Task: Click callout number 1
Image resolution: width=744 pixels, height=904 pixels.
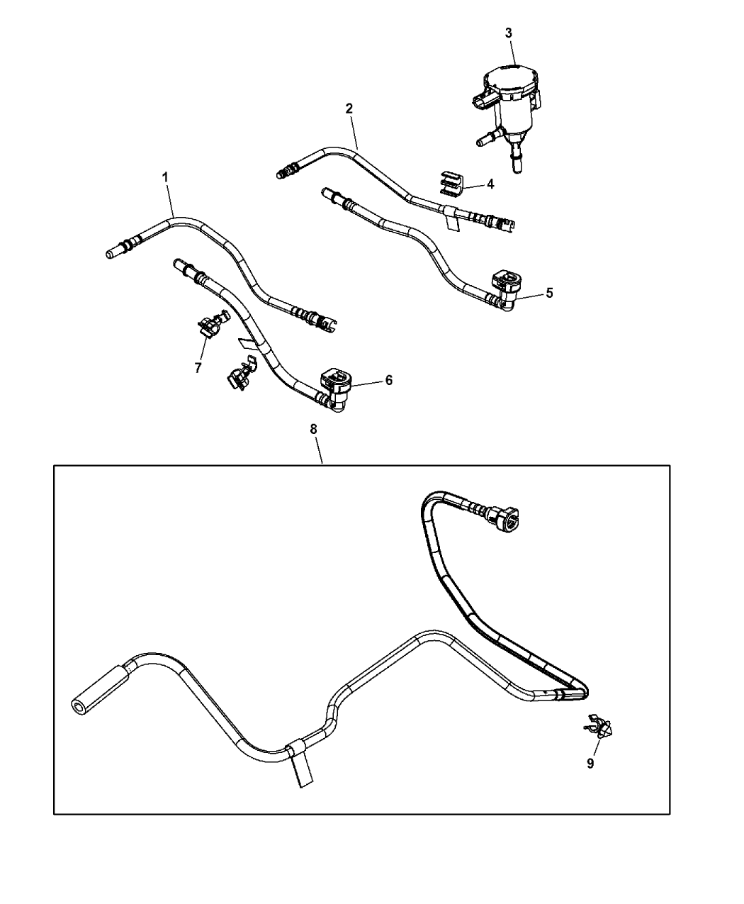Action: point(164,177)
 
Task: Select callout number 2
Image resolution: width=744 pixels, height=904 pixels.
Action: point(349,108)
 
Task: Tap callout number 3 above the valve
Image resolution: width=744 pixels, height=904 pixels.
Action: point(509,33)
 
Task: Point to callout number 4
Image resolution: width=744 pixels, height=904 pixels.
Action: point(490,184)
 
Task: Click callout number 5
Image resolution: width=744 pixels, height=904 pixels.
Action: point(549,293)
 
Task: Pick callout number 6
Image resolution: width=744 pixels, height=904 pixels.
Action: point(389,380)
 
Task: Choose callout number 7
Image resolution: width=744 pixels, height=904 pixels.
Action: point(198,368)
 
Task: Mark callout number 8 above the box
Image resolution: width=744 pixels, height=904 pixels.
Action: point(313,429)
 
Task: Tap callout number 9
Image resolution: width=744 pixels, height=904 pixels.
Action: point(590,764)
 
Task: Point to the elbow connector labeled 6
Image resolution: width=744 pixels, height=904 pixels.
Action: point(337,389)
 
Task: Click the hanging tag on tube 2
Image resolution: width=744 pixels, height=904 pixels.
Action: point(451,220)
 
